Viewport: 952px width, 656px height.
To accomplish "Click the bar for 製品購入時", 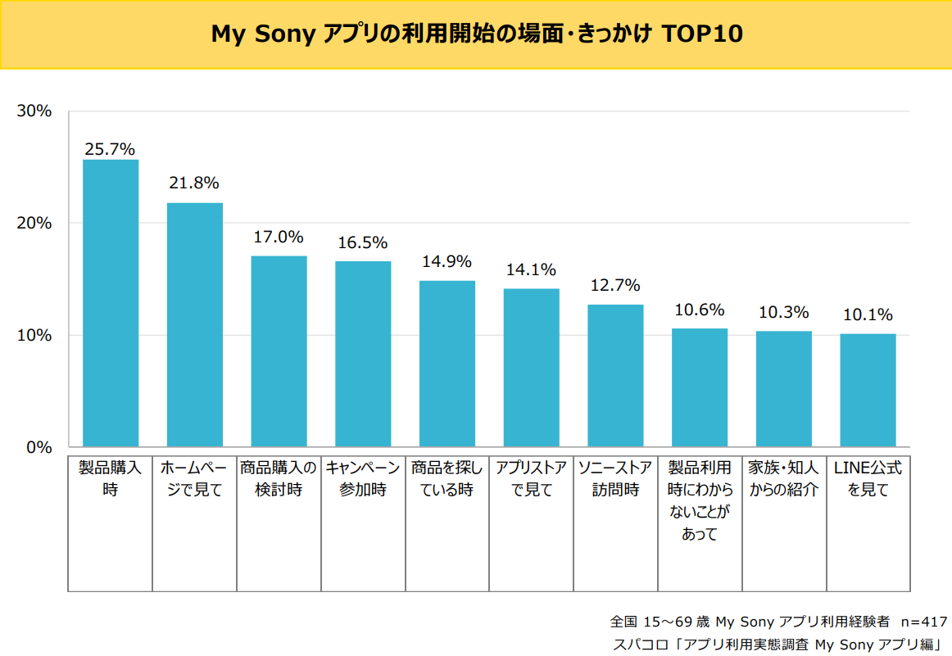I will click(111, 303).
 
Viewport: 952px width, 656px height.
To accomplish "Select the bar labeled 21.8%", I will click(195, 324).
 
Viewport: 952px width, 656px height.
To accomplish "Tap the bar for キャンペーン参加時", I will click(363, 354).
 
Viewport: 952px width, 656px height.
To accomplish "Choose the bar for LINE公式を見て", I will click(868, 390).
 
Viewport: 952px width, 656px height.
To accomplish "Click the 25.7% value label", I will click(110, 149).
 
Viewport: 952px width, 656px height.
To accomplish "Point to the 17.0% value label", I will click(279, 238).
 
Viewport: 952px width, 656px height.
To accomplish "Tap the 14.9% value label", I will click(447, 262).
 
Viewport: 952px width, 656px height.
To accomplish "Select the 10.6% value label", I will click(699, 310).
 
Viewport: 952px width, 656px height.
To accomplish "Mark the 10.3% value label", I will click(783, 312).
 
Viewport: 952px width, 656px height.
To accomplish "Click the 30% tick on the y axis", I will click(34, 111).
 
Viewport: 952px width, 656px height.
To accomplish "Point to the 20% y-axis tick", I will click(34, 223).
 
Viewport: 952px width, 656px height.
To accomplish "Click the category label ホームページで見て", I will click(194, 479).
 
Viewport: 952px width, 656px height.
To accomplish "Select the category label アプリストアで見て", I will click(531, 479).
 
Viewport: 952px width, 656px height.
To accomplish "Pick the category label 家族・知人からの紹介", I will click(783, 479).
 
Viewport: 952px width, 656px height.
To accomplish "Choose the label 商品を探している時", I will click(447, 479).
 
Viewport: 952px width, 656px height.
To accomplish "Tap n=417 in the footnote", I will click(923, 621).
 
